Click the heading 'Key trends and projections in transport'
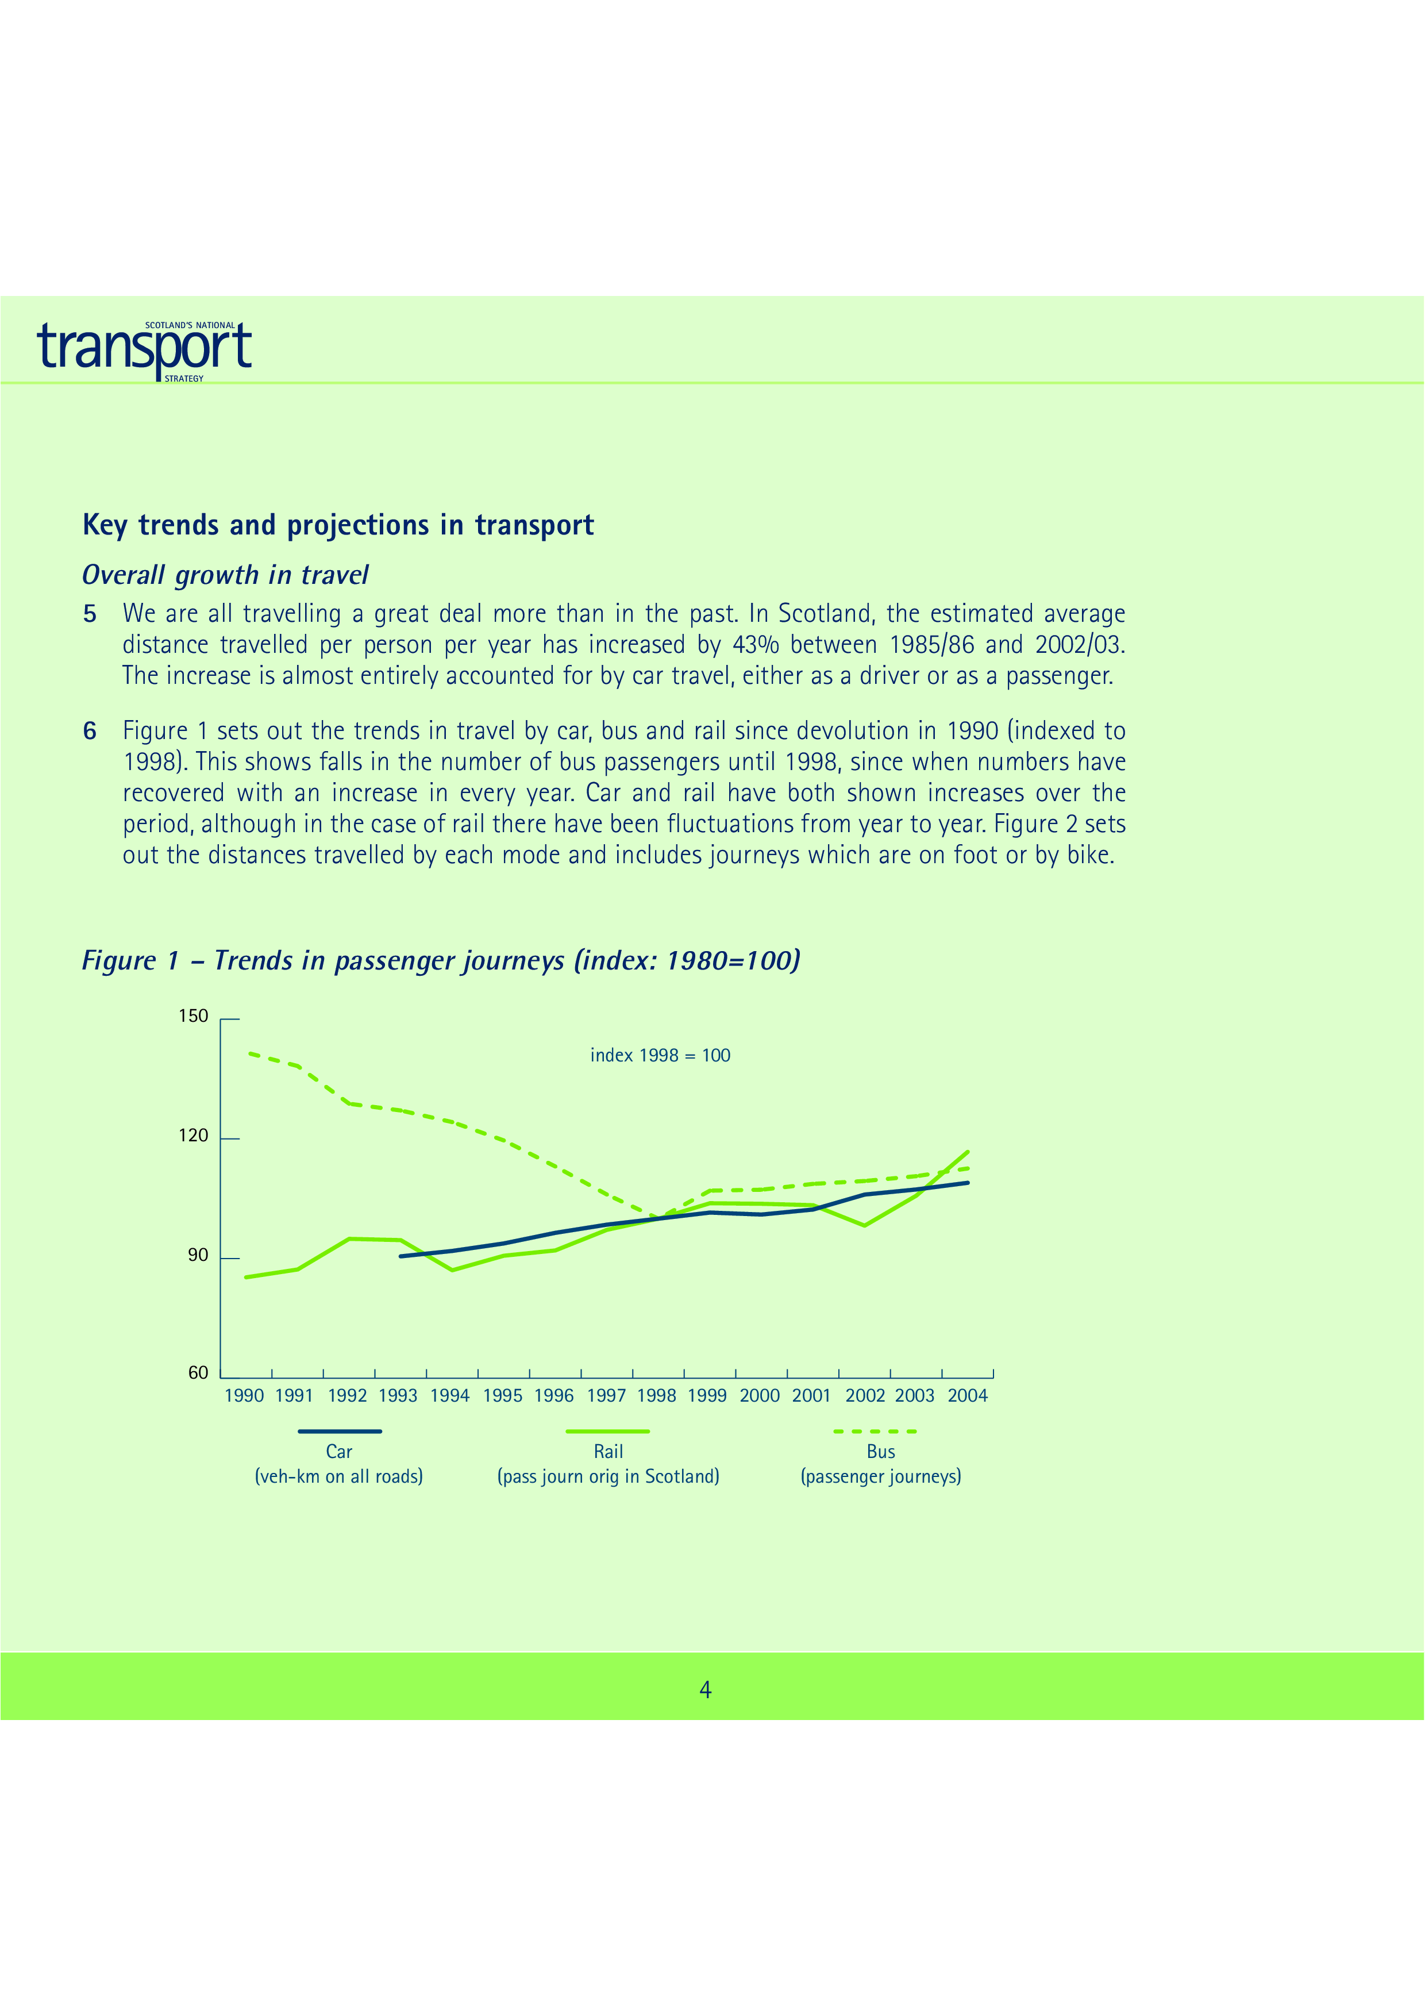(338, 525)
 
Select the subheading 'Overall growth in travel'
(225, 575)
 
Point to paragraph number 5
(90, 614)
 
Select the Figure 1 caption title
(441, 960)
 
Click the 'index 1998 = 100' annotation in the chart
(660, 1056)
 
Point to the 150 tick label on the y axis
(193, 1017)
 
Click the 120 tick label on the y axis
(193, 1136)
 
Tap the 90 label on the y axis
(198, 1256)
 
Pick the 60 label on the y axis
(198, 1374)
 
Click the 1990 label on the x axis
(244, 1396)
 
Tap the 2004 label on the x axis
(968, 1396)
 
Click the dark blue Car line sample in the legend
(340, 1431)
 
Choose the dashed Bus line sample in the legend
(875, 1431)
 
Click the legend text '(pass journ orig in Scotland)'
(608, 1477)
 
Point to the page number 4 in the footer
(705, 1690)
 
